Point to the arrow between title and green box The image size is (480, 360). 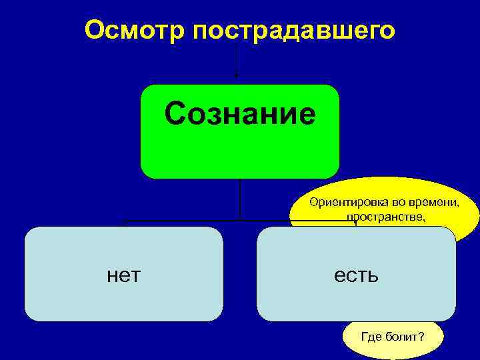[x=235, y=64]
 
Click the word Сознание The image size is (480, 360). [x=240, y=114]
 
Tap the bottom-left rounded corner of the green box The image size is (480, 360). [x=147, y=171]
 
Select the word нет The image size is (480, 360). [x=123, y=273]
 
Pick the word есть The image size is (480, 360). [x=356, y=273]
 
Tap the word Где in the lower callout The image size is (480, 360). [x=371, y=337]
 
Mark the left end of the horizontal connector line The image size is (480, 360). [x=125, y=220]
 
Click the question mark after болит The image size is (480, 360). [x=421, y=337]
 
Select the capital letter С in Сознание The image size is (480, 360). [x=176, y=114]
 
